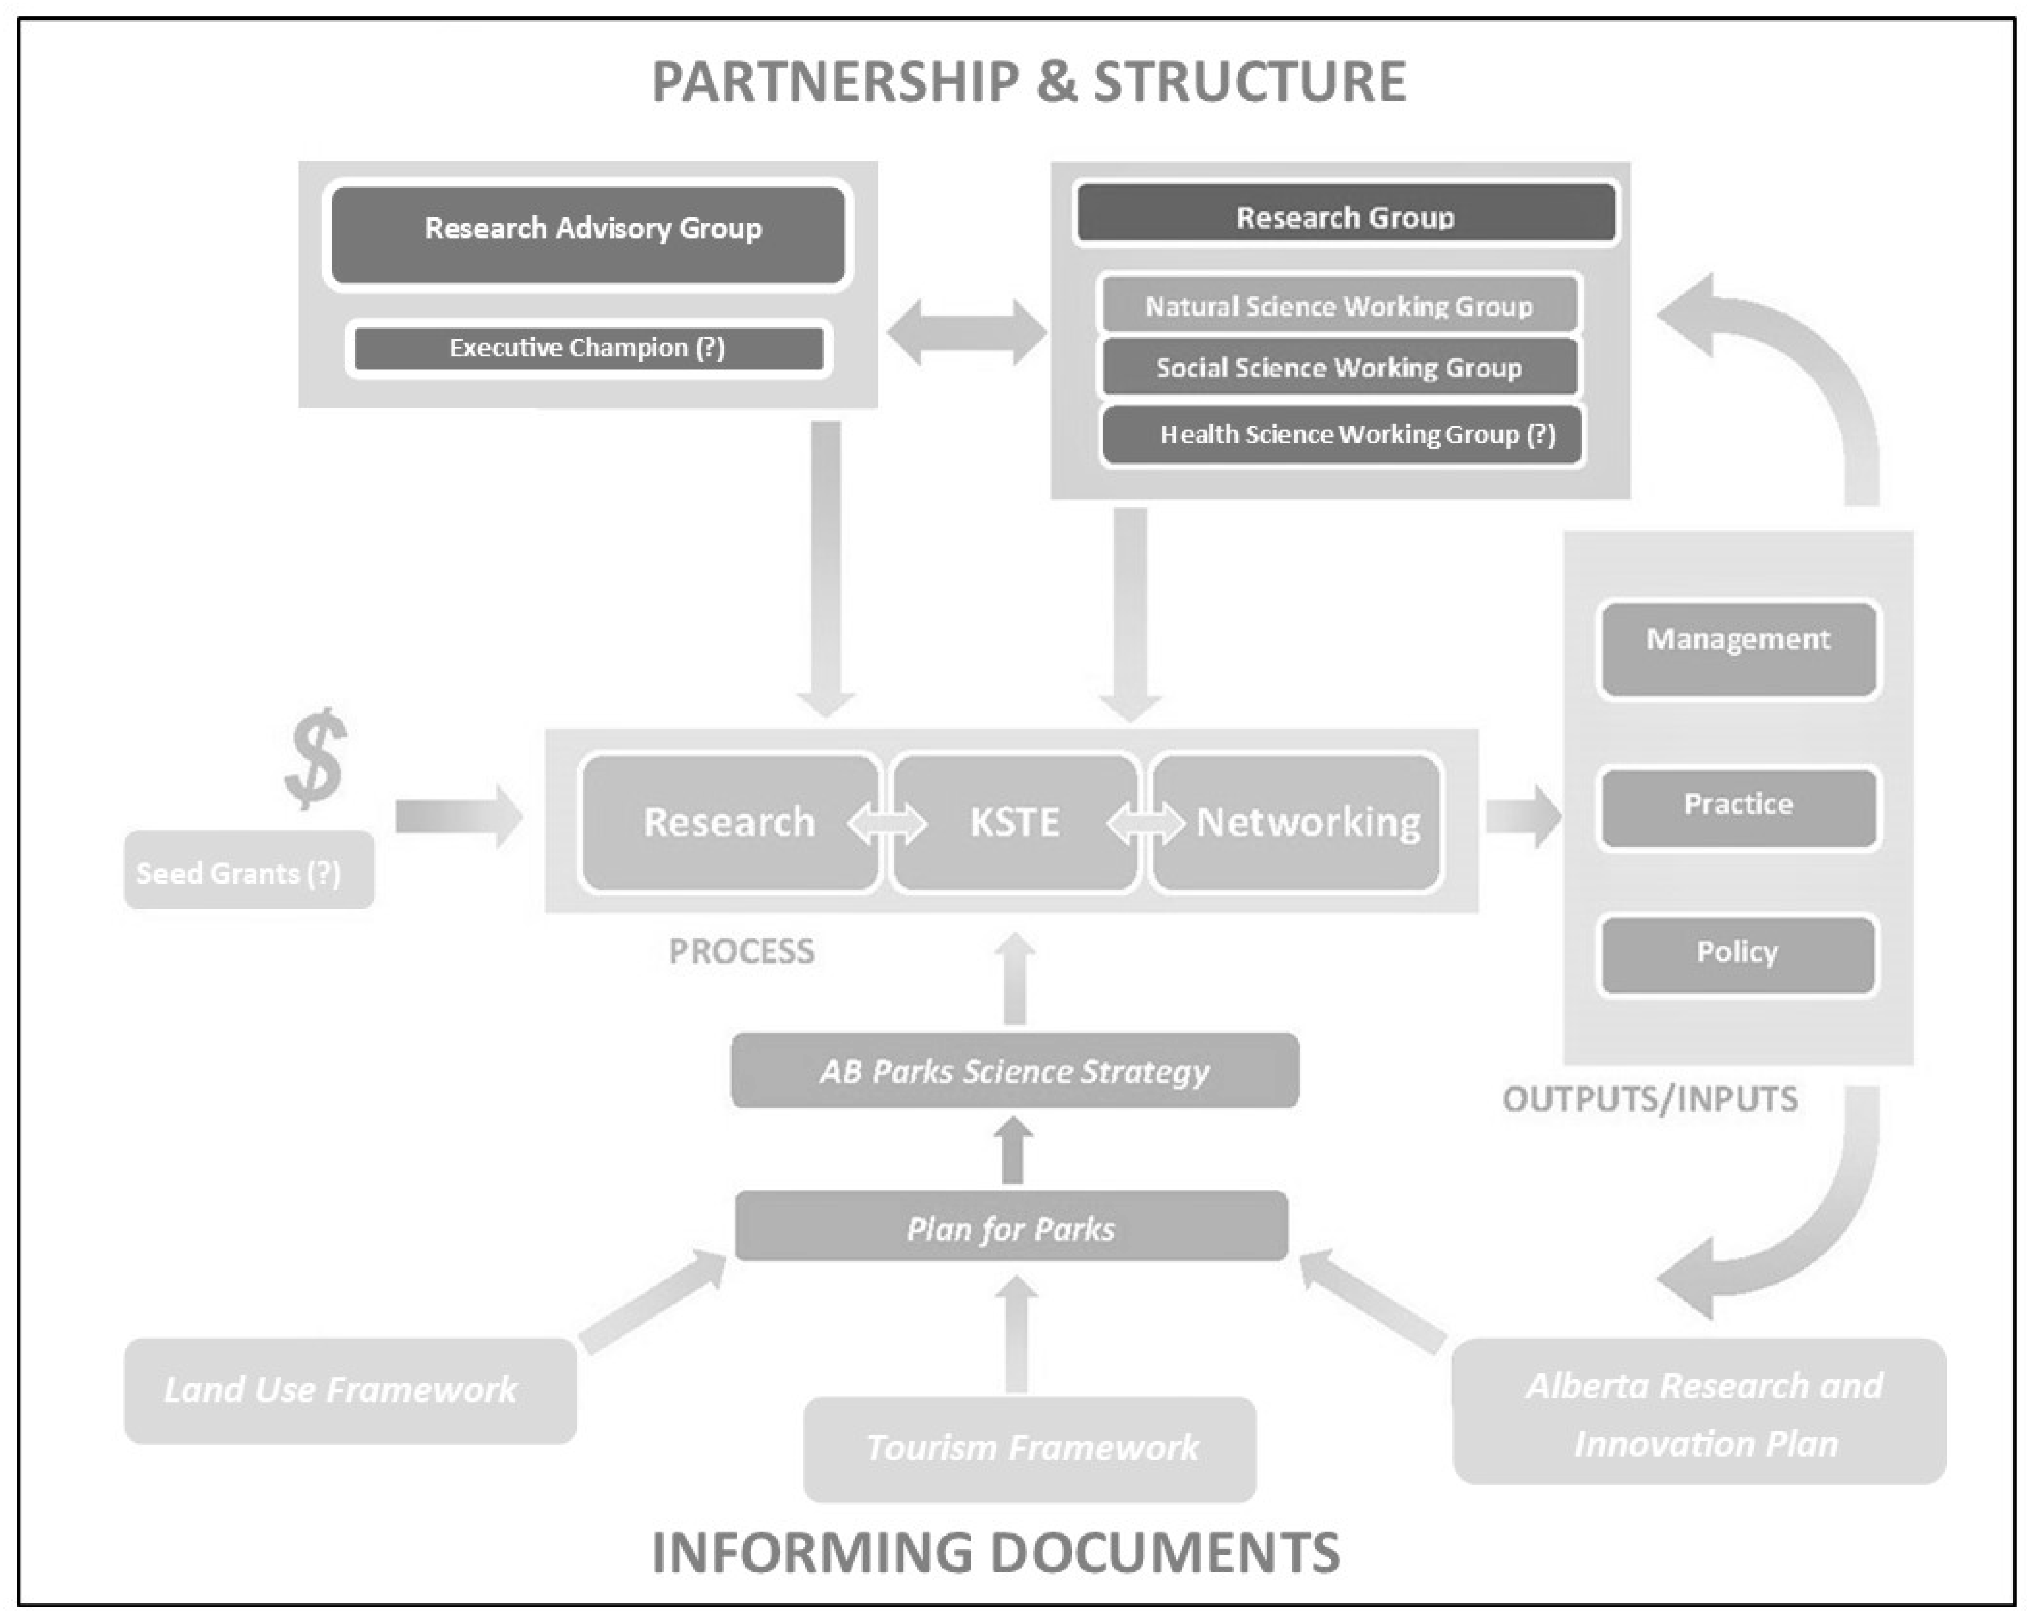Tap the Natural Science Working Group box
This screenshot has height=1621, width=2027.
1340,305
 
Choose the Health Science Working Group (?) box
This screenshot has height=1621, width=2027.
1342,435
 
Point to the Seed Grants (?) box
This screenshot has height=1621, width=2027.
249,871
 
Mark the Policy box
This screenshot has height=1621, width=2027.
1738,954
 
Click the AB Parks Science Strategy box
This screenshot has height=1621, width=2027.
1015,1071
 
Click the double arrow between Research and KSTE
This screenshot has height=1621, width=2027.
886,824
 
